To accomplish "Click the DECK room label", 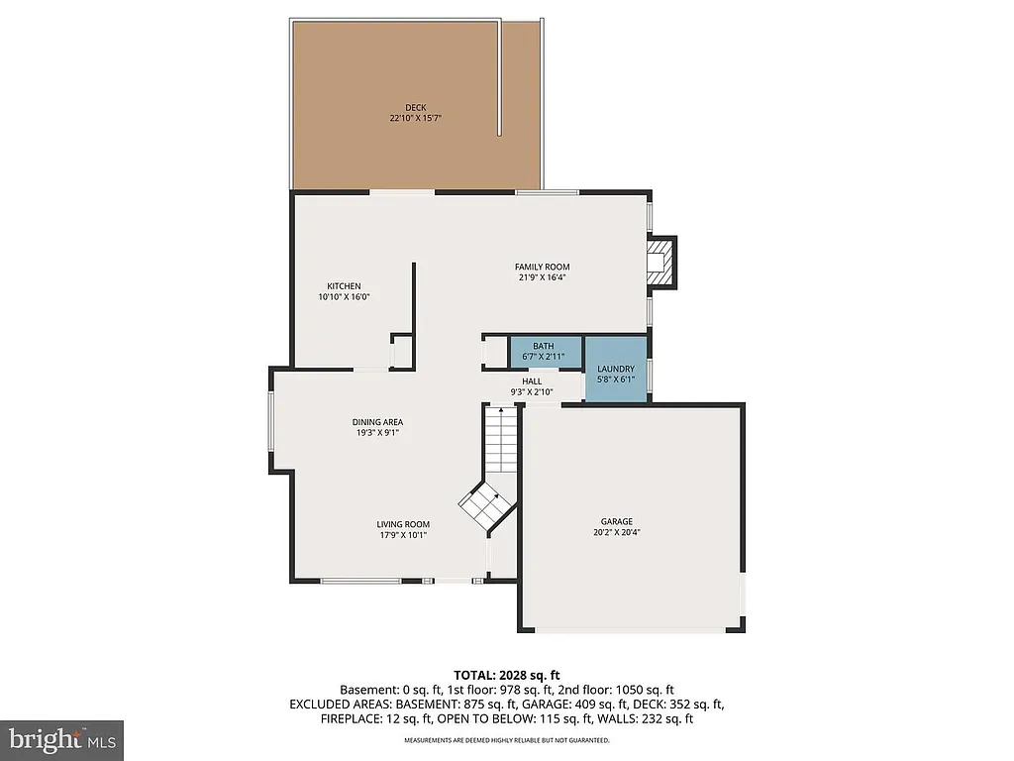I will pyautogui.click(x=415, y=107).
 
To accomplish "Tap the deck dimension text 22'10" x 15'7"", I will pyautogui.click(x=415, y=118).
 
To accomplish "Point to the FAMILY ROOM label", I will pyautogui.click(x=542, y=267).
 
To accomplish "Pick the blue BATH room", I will pyautogui.click(x=544, y=352).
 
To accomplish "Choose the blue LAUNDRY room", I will pyautogui.click(x=615, y=371).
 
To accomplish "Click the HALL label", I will pyautogui.click(x=532, y=380).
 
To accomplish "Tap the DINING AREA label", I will pyautogui.click(x=377, y=422).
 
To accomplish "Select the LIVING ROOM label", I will pyautogui.click(x=402, y=524).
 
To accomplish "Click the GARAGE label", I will pyautogui.click(x=616, y=521).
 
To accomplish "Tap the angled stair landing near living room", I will pyautogui.click(x=486, y=506).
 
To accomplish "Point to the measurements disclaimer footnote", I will pyautogui.click(x=506, y=740).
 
